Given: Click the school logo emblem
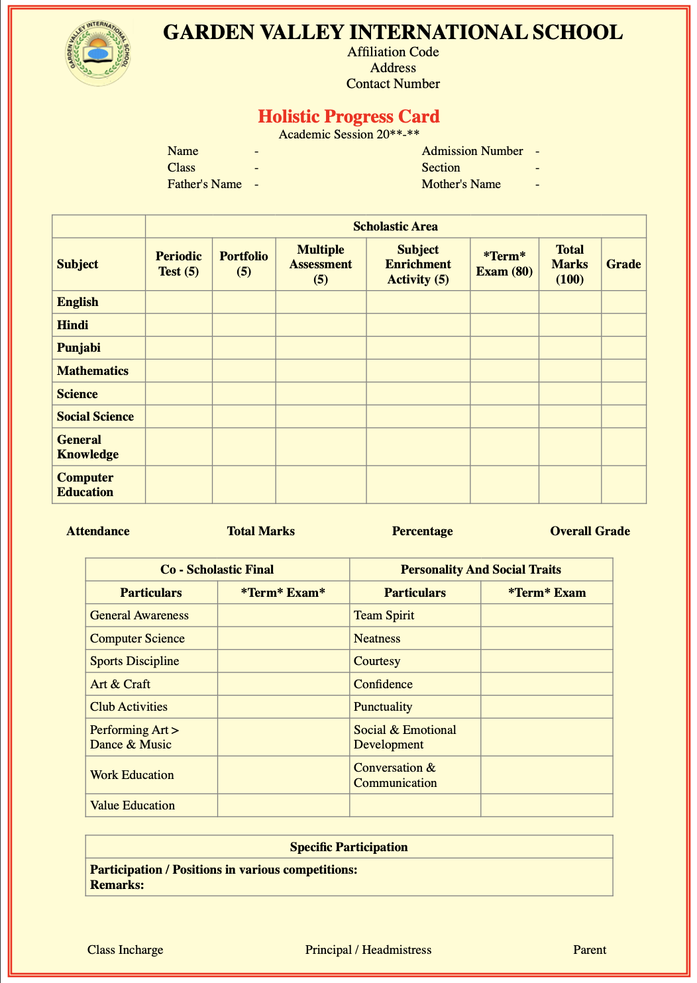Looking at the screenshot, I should point(99,54).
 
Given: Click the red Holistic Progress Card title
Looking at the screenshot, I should point(348,117).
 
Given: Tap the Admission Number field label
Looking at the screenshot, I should point(472,151).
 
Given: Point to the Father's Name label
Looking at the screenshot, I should point(204,184).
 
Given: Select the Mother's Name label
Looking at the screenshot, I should point(461,184).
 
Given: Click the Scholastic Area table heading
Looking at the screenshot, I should point(395,227).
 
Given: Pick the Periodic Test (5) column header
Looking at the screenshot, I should point(179,264).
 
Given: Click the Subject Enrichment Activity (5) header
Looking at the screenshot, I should point(418,264).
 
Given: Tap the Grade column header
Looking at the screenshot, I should point(623,264).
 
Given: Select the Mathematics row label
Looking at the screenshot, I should point(93,371).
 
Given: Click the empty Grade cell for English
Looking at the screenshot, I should point(623,302).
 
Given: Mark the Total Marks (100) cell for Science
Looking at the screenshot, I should point(570,393).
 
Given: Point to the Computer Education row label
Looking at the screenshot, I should point(85,485).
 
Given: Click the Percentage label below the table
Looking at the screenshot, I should point(422,531).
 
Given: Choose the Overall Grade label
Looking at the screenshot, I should point(590,531).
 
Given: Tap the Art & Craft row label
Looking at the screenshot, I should point(120,684).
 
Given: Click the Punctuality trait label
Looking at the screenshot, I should point(383,707).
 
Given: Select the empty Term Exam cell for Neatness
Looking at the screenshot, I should point(547,639).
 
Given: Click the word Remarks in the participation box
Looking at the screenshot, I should point(117,885).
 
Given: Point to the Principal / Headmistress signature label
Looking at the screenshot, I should point(368,950).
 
